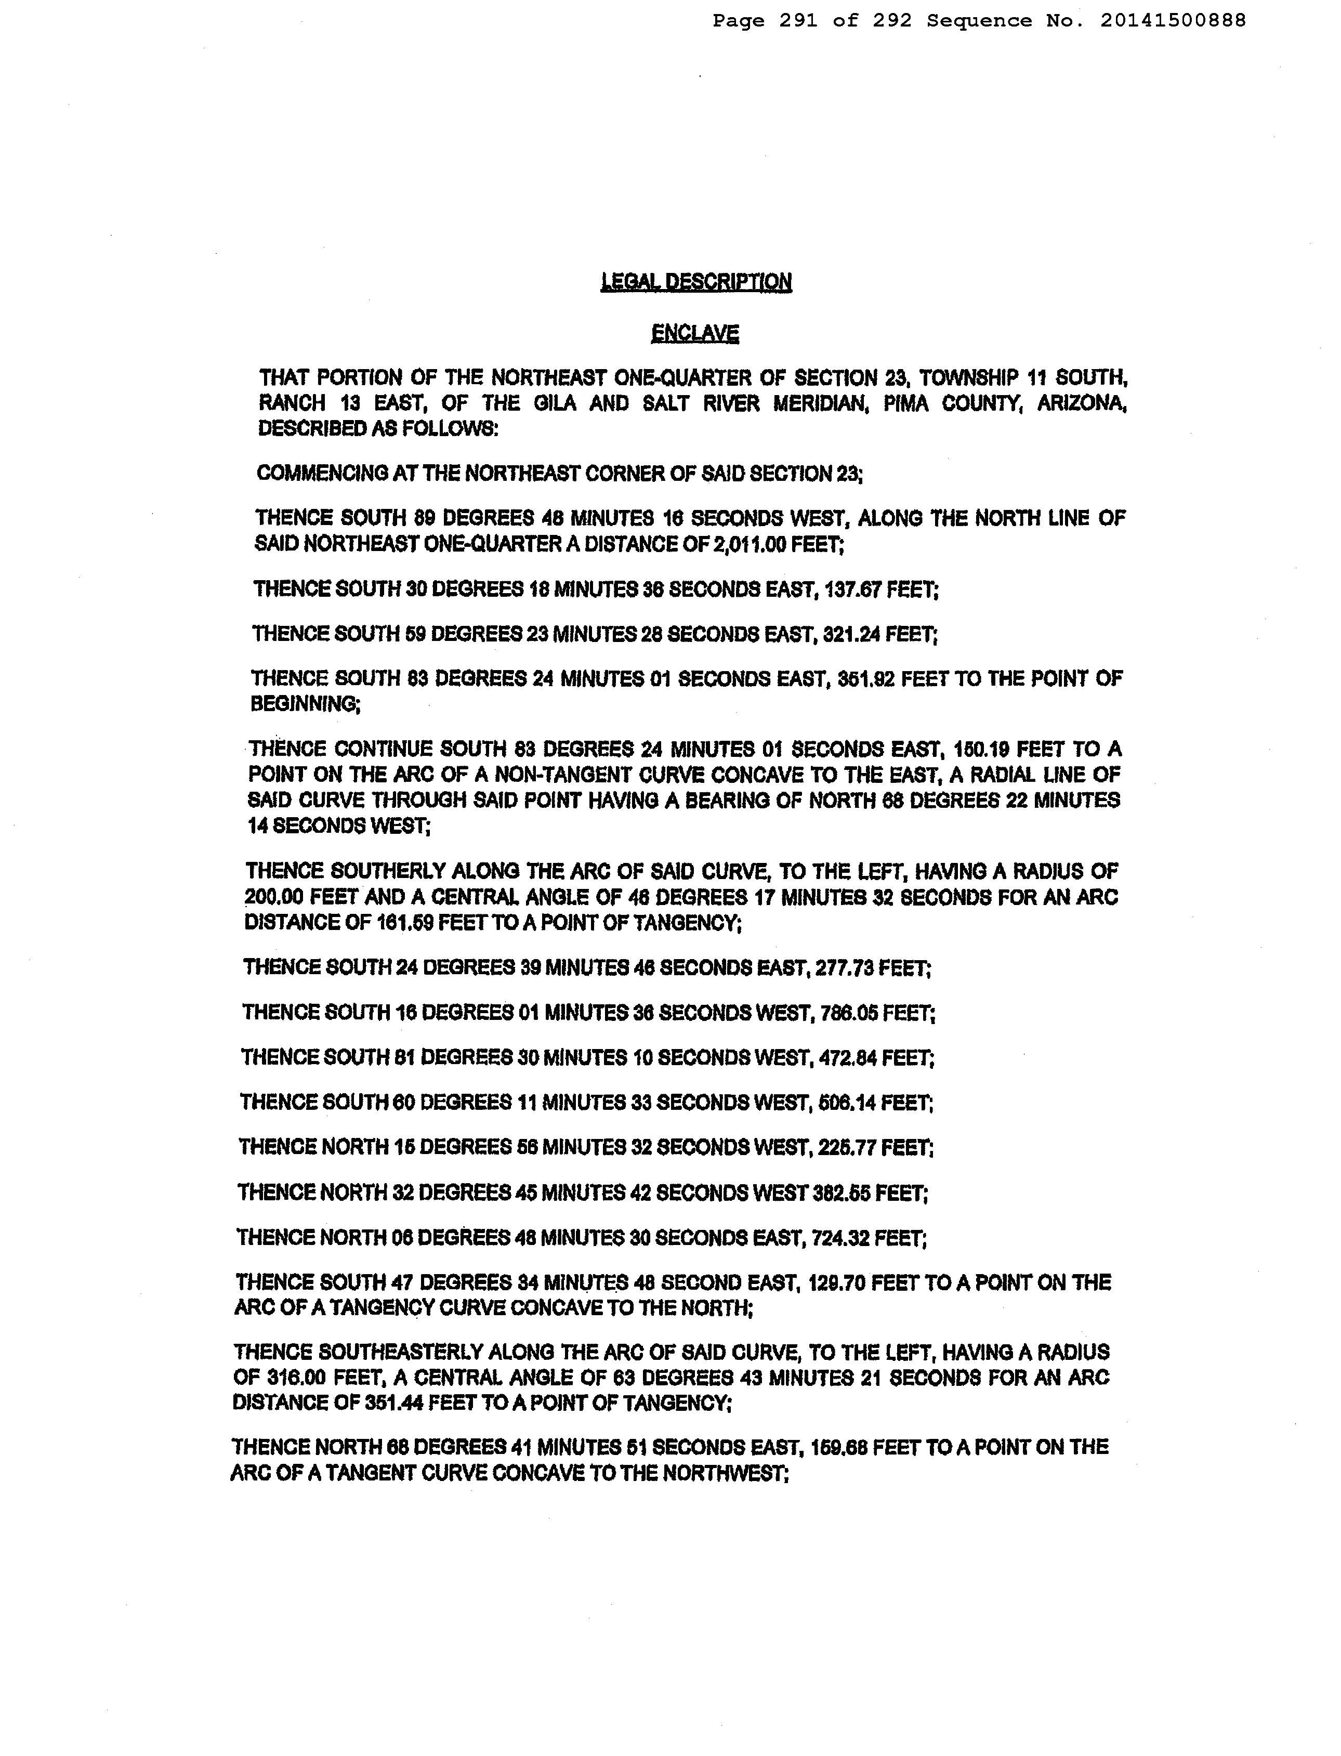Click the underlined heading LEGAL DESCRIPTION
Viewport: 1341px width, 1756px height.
(696, 282)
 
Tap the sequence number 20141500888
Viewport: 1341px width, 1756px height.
(1173, 21)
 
